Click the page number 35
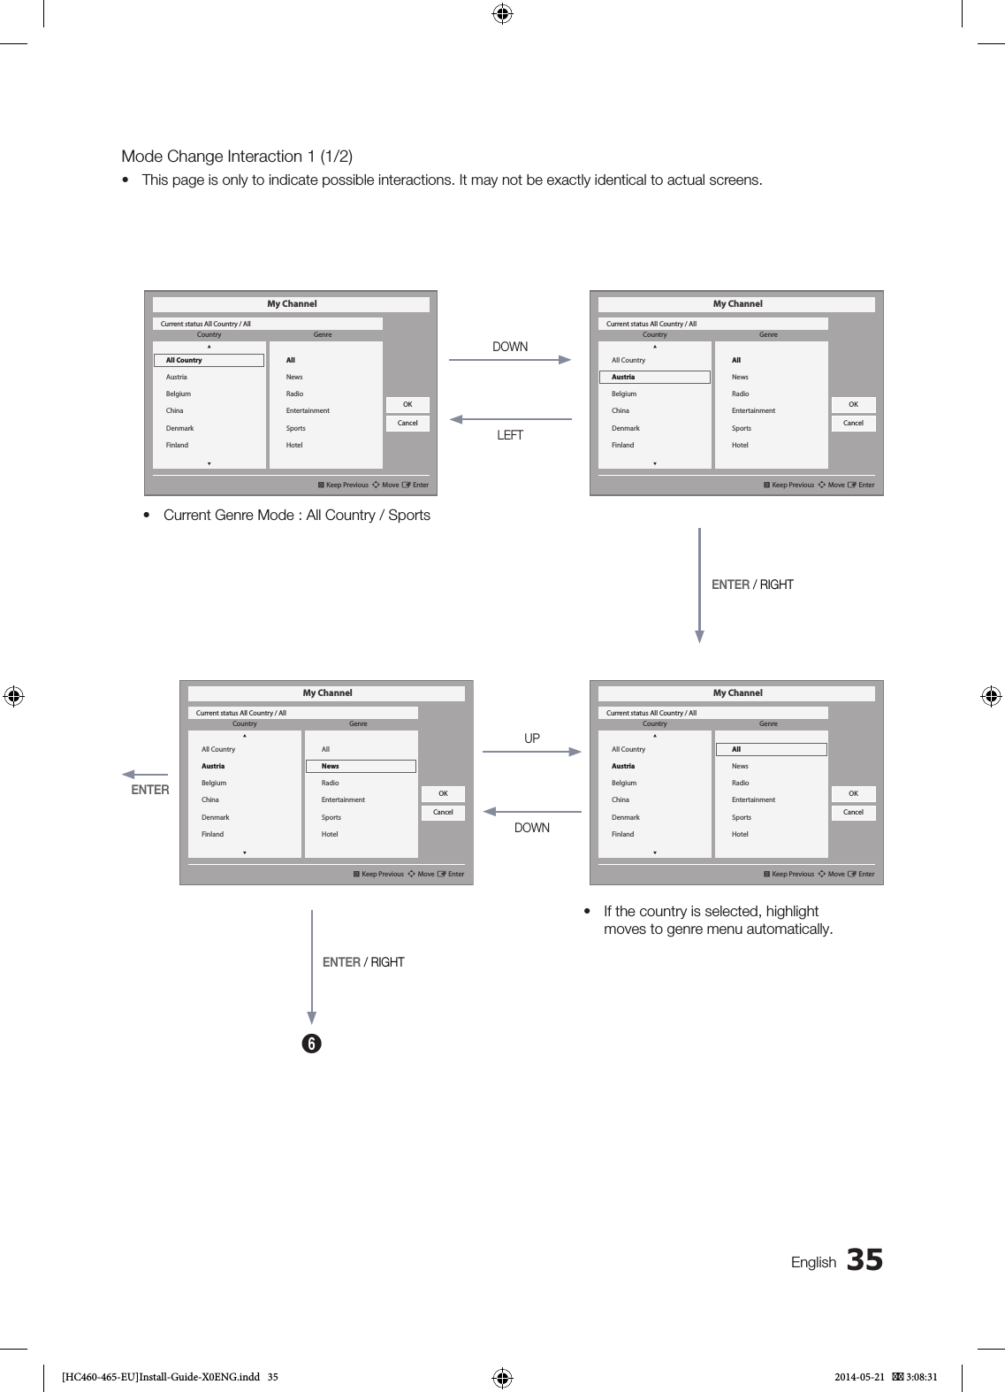(x=864, y=1260)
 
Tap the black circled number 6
(x=311, y=1044)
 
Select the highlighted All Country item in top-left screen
(x=209, y=360)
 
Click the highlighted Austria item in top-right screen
(x=654, y=377)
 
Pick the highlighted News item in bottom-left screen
(x=361, y=766)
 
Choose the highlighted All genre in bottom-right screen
(x=771, y=749)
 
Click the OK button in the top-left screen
(x=407, y=404)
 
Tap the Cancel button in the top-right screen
(x=853, y=423)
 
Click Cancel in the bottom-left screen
(x=443, y=812)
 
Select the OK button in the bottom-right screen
(x=853, y=793)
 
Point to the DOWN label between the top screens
(x=510, y=347)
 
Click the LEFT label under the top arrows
(x=510, y=435)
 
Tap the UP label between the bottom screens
(x=532, y=738)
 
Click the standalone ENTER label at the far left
(x=150, y=790)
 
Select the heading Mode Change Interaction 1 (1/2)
(x=237, y=157)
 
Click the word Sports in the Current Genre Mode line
(x=409, y=516)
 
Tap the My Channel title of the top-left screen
(x=292, y=303)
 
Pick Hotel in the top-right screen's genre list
(x=740, y=445)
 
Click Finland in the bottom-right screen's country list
(x=622, y=834)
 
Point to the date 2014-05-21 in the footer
(x=859, y=1376)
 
